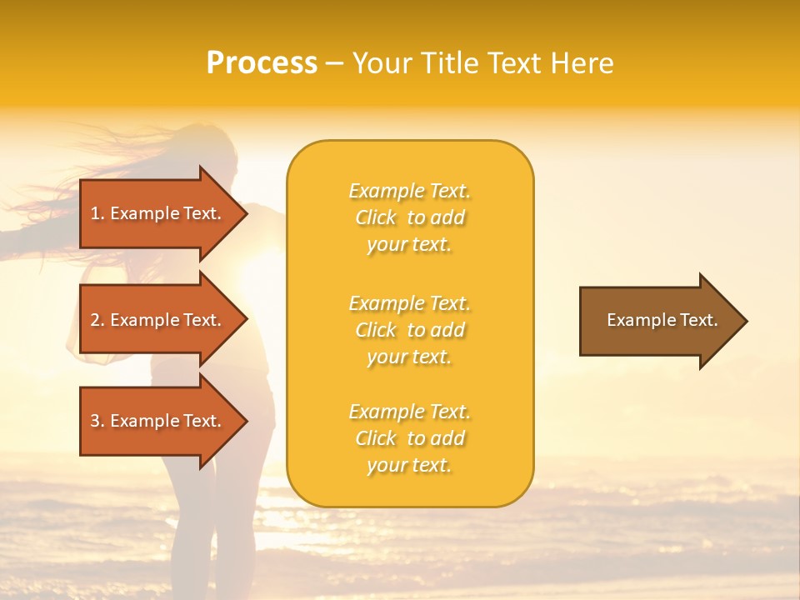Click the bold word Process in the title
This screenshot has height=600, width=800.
262,63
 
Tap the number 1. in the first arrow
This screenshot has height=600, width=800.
97,213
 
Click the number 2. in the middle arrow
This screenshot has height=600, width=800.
97,320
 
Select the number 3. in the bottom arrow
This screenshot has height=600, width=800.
97,421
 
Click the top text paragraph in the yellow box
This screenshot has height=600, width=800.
409,217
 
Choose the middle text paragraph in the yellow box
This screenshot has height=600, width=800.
409,330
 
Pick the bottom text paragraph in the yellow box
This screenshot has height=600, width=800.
409,438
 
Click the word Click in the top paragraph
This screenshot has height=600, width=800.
376,217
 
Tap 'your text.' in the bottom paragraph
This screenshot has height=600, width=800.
409,465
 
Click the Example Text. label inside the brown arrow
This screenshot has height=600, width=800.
662,320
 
